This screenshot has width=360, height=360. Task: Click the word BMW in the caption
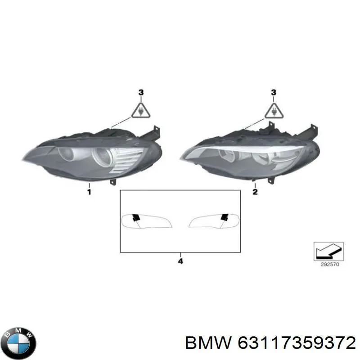(208, 344)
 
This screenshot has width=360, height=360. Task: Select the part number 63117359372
(297, 344)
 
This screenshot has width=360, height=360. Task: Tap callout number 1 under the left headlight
(89, 192)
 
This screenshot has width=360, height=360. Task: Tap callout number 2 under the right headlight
(255, 192)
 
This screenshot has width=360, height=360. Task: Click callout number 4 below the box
(181, 261)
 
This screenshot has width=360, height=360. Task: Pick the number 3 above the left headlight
(141, 93)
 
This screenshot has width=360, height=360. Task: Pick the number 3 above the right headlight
(274, 93)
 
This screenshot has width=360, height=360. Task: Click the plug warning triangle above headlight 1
(141, 111)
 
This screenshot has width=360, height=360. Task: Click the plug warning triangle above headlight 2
(274, 111)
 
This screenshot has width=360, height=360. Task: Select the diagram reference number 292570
(330, 265)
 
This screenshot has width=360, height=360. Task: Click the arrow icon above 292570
(328, 251)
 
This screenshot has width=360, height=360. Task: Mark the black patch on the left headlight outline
(136, 217)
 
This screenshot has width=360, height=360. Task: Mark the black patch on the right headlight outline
(225, 217)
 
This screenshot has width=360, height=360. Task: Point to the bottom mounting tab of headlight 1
(113, 182)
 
